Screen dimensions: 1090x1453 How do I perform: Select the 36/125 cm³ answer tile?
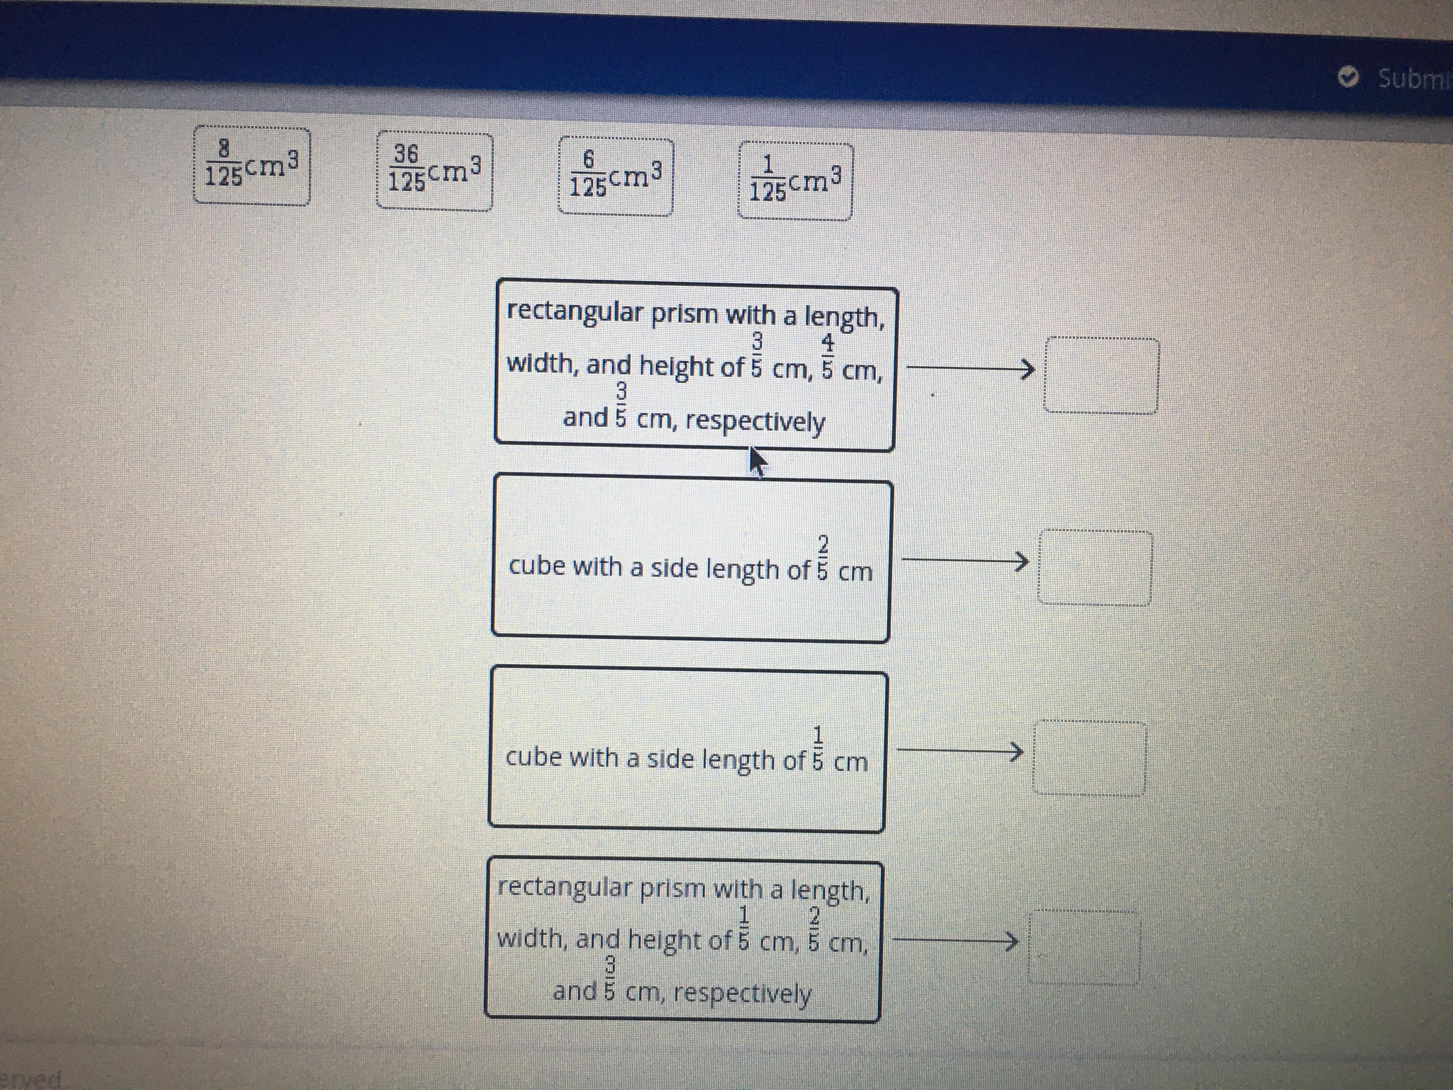[x=434, y=172]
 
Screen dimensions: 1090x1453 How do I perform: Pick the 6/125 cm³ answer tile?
[x=616, y=177]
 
